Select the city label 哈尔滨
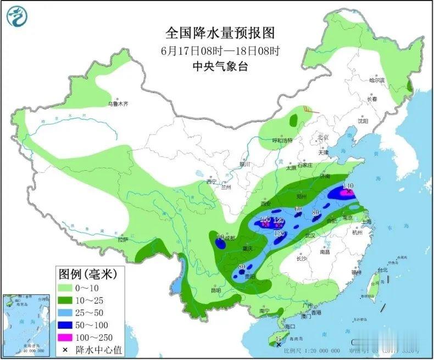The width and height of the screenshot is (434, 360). click(377, 81)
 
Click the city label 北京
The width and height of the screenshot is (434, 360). click(322, 137)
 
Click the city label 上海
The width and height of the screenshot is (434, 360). click(366, 222)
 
